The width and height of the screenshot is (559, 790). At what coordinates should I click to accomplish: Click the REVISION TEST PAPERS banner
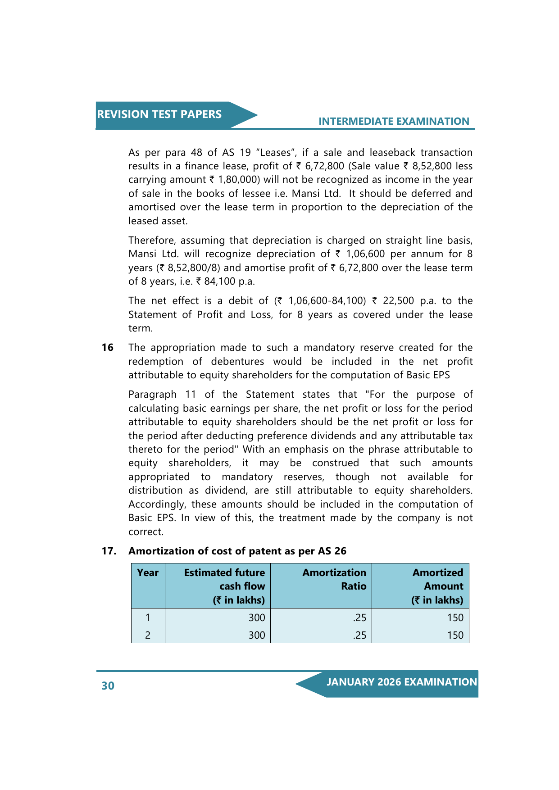pyautogui.click(x=159, y=114)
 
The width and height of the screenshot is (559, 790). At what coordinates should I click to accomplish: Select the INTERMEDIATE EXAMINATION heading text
pyautogui.click(x=394, y=121)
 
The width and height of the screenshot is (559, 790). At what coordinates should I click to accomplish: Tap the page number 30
pyautogui.click(x=108, y=686)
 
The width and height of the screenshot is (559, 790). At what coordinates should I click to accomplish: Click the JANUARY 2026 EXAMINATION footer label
pyautogui.click(x=401, y=682)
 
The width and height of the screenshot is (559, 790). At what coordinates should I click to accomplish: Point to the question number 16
pyautogui.click(x=108, y=347)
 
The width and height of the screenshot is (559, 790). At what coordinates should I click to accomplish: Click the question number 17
pyautogui.click(x=109, y=551)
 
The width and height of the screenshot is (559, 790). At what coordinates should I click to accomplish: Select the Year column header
pyautogui.click(x=148, y=572)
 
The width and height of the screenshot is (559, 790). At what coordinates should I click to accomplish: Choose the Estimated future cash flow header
pyautogui.click(x=224, y=586)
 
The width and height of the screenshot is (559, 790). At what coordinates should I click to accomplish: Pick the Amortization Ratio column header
pyautogui.click(x=334, y=579)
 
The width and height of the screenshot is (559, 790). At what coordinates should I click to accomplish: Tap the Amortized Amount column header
pyautogui.click(x=437, y=586)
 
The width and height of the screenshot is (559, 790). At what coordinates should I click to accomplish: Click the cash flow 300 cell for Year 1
pyautogui.click(x=257, y=617)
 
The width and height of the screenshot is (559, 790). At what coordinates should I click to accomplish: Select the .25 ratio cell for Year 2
pyautogui.click(x=359, y=635)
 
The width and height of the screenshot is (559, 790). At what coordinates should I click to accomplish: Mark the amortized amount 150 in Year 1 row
pyautogui.click(x=455, y=617)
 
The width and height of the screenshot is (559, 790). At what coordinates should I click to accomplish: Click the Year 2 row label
pyautogui.click(x=148, y=635)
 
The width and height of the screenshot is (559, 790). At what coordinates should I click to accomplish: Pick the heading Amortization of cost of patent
pyautogui.click(x=237, y=551)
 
